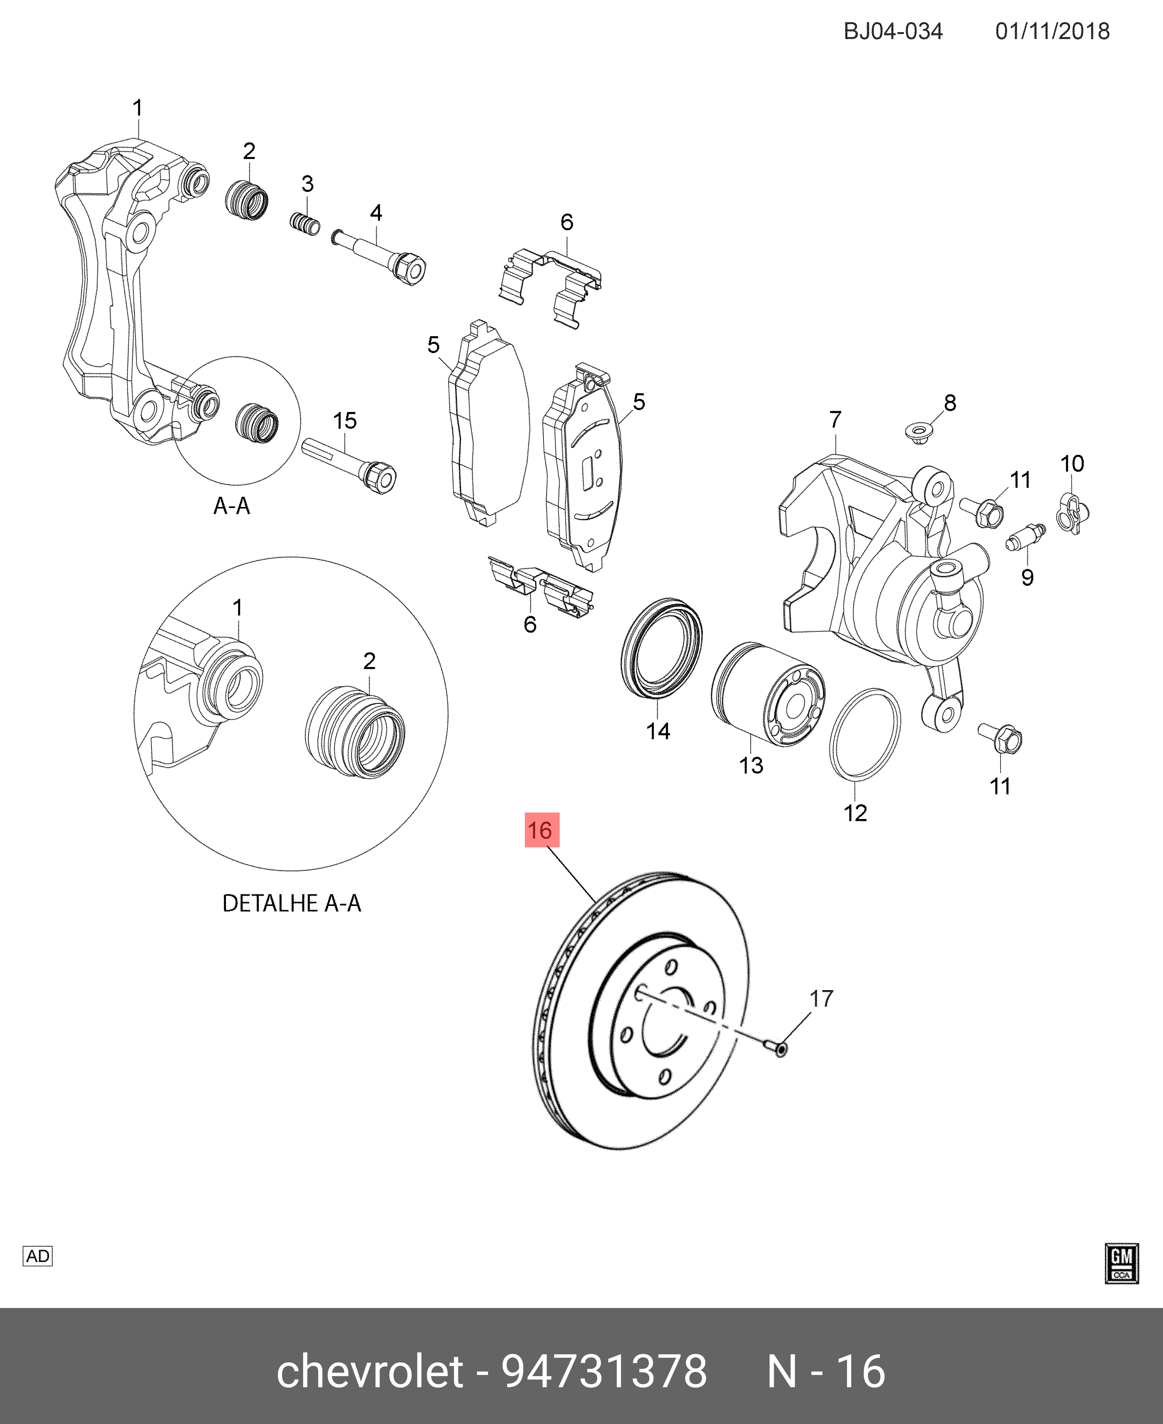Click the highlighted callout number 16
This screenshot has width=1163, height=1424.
(x=541, y=830)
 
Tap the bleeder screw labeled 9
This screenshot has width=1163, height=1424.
(x=1025, y=536)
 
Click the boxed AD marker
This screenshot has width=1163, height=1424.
(x=38, y=1256)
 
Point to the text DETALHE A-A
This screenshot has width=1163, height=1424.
(x=292, y=903)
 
